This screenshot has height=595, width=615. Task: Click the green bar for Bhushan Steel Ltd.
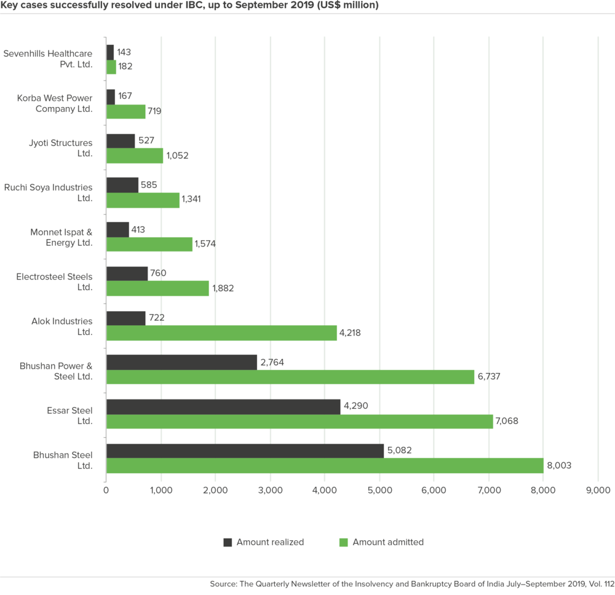tap(325, 466)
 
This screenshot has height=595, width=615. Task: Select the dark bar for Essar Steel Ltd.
tap(223, 407)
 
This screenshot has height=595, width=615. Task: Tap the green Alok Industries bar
tap(221, 333)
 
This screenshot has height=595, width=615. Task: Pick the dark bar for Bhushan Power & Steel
tap(181, 363)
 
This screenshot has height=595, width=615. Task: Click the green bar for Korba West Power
tap(126, 111)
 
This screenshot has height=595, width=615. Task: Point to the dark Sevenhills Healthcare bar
tap(110, 52)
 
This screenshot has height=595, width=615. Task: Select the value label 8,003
tap(559, 466)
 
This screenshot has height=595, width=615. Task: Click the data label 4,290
tap(356, 407)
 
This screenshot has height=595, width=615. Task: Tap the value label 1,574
tap(205, 244)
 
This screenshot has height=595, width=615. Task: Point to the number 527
tap(146, 141)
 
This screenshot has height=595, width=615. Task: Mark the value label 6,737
tap(488, 377)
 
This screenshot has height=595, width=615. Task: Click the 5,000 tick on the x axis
tap(379, 490)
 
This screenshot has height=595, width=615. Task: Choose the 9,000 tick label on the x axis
tap(598, 490)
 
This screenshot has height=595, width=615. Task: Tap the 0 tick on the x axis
tap(106, 490)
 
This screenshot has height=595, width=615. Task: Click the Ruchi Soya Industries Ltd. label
tap(48, 192)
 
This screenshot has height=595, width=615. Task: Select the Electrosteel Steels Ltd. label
tap(54, 282)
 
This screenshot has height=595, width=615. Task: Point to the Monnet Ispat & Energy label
tap(61, 237)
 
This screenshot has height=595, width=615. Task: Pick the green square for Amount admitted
tap(343, 542)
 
